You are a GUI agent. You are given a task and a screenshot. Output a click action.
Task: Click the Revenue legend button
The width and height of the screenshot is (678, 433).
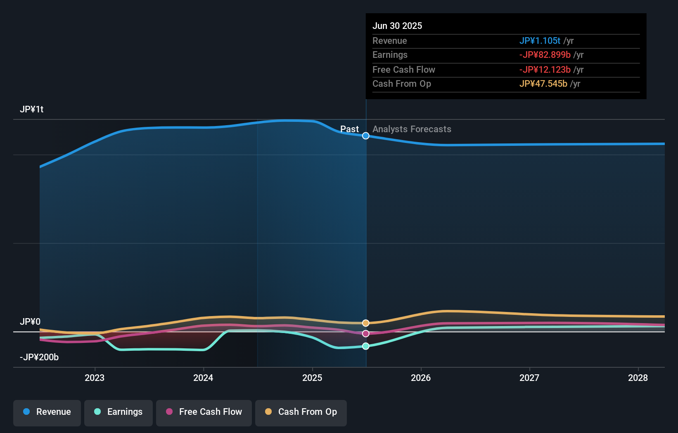pyautogui.click(x=47, y=412)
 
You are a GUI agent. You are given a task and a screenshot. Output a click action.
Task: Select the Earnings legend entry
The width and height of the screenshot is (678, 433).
pyautogui.click(x=119, y=412)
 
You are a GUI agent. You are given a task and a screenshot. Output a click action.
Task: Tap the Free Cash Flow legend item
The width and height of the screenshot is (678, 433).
pyautogui.click(x=204, y=412)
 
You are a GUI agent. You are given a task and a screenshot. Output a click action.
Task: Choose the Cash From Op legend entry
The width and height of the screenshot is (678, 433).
pyautogui.click(x=301, y=412)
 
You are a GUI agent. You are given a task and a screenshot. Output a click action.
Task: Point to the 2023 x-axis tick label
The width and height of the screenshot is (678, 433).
pyautogui.click(x=95, y=378)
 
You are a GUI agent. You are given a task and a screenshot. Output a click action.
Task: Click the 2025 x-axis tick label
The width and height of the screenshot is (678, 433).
pyautogui.click(x=312, y=378)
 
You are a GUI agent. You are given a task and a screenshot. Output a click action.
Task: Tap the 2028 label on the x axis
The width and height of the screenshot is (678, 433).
pyautogui.click(x=638, y=378)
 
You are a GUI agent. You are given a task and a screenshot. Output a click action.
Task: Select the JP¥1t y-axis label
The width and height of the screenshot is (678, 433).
pyautogui.click(x=31, y=109)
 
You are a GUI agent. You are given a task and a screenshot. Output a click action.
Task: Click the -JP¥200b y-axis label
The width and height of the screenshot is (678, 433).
pyautogui.click(x=39, y=357)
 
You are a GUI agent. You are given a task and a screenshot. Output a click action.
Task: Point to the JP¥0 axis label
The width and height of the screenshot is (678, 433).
pyautogui.click(x=30, y=322)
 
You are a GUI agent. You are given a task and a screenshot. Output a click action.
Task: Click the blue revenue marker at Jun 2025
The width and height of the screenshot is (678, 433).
pyautogui.click(x=366, y=136)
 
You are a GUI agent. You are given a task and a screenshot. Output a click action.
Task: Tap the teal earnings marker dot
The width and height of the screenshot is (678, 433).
pyautogui.click(x=366, y=346)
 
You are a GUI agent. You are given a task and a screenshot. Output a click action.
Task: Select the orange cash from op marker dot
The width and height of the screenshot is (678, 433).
pyautogui.click(x=366, y=323)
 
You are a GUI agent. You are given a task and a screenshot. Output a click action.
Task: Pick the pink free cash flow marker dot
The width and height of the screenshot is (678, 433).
pyautogui.click(x=366, y=334)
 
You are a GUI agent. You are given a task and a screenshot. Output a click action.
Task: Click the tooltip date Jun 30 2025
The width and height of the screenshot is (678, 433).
pyautogui.click(x=397, y=26)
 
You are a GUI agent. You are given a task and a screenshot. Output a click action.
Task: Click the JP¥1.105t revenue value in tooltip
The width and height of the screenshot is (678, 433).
pyautogui.click(x=540, y=41)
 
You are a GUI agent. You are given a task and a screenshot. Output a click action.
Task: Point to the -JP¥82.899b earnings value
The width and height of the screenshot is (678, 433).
pyautogui.click(x=545, y=55)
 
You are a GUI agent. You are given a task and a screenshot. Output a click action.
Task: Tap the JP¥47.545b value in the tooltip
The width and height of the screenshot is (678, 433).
pyautogui.click(x=543, y=84)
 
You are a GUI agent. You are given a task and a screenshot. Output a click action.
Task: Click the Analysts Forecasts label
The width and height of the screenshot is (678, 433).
pyautogui.click(x=412, y=129)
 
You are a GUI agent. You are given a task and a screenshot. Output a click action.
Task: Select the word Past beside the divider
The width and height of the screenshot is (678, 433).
pyautogui.click(x=349, y=129)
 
